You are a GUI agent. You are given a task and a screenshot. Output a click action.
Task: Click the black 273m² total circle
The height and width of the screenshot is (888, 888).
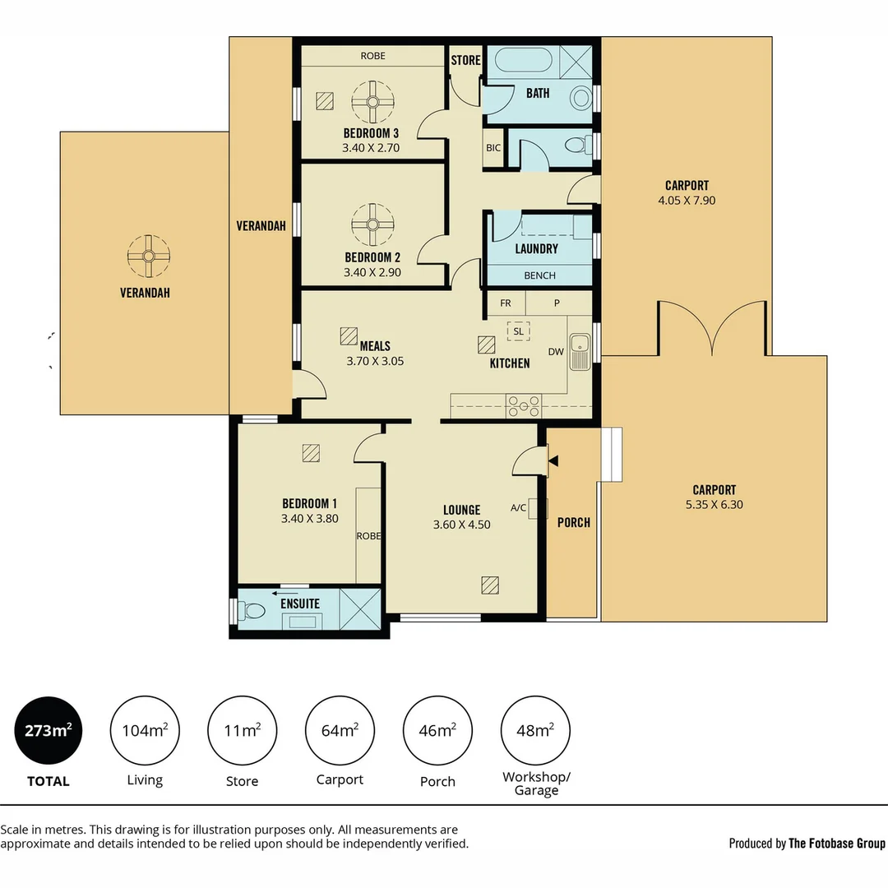tap(49, 730)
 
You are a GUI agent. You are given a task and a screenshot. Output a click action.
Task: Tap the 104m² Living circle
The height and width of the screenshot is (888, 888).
tap(145, 730)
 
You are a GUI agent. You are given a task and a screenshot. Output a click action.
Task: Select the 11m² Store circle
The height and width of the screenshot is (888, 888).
tap(243, 730)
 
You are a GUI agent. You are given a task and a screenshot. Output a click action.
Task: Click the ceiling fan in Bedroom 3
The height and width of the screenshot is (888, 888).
tap(372, 102)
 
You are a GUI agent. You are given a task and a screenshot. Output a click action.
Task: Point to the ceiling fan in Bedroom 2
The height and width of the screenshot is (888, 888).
tap(372, 224)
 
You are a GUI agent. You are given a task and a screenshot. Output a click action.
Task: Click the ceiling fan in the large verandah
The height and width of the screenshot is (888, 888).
tap(148, 256)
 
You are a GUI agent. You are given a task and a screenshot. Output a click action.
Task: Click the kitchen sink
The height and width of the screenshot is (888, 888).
tap(580, 351)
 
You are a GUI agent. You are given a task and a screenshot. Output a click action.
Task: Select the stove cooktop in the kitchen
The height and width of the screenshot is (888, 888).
tap(523, 406)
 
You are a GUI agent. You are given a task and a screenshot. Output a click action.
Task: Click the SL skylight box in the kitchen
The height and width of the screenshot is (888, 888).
tap(518, 331)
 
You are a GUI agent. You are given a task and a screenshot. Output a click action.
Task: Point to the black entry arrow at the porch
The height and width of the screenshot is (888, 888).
tap(553, 461)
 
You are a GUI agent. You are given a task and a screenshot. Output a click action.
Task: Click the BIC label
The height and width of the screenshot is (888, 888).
tap(493, 148)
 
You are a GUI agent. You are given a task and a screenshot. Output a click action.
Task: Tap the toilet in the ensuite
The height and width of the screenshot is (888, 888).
tap(252, 611)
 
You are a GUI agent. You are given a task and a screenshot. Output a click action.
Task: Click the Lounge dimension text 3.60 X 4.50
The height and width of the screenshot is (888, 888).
tap(461, 525)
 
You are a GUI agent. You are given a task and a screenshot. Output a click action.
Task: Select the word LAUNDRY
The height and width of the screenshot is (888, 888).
tap(536, 248)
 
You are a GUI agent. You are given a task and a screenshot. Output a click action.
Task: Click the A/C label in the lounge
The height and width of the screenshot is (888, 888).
tap(518, 507)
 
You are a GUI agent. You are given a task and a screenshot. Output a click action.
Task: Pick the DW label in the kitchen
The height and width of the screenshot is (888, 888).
tap(556, 352)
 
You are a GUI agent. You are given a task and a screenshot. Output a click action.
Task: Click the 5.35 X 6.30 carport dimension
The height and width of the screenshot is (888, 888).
tap(715, 504)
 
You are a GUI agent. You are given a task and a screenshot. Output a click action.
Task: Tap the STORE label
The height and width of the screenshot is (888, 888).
tap(465, 60)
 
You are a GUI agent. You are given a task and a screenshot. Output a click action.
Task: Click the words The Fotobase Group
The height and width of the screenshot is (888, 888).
tap(836, 844)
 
